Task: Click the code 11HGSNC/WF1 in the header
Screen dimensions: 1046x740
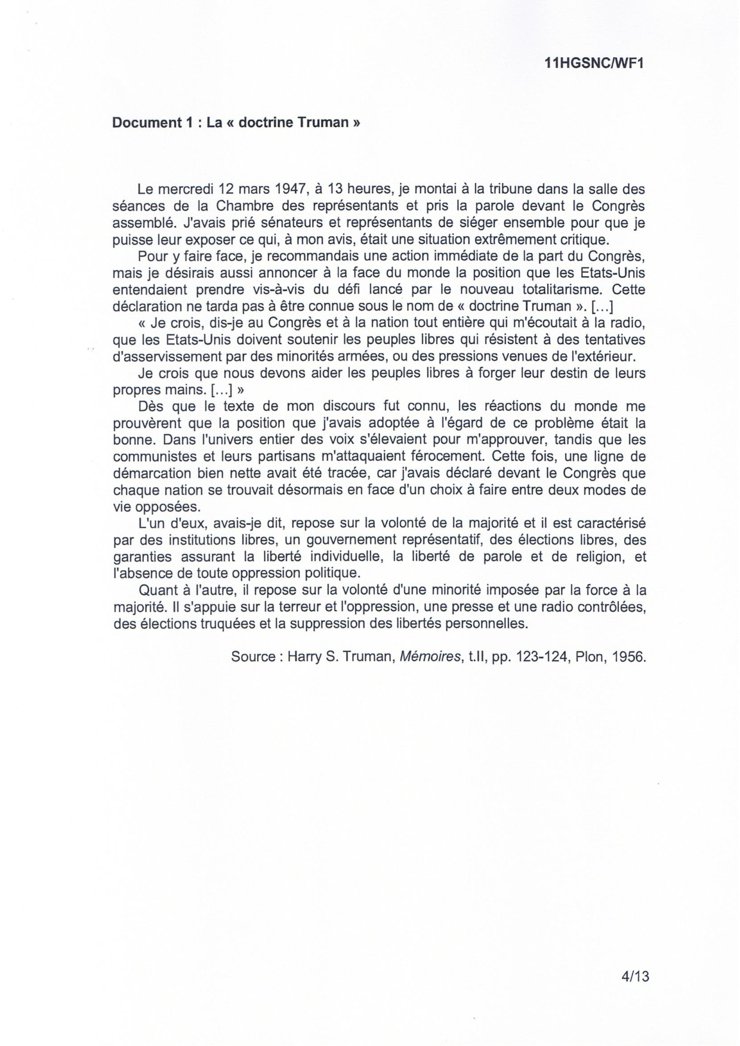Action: click(595, 64)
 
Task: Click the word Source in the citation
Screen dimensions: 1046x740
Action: click(253, 657)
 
